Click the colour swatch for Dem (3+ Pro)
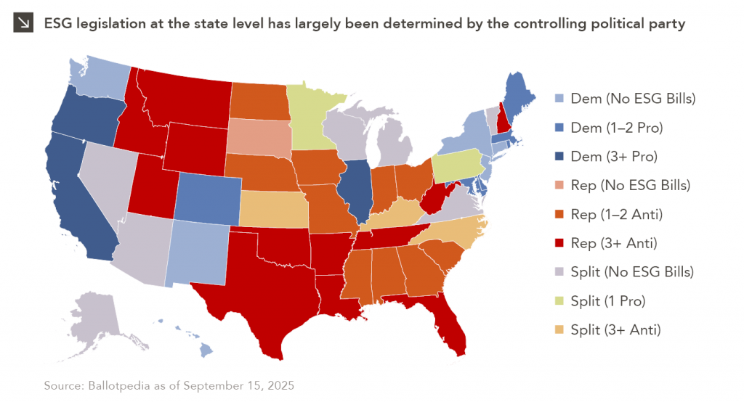tap(559, 156)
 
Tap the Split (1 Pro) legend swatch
tap(559, 300)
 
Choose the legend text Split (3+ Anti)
tap(615, 329)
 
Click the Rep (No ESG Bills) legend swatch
tap(559, 185)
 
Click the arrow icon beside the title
tap(23, 23)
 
